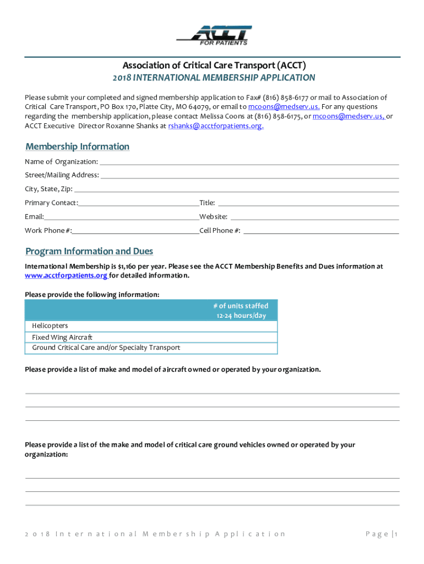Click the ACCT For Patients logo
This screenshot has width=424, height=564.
coord(214,35)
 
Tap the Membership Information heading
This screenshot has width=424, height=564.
coord(77,147)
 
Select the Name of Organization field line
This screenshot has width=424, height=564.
coord(249,164)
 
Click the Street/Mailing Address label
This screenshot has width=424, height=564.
coord(62,175)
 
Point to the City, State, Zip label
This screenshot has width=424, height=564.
coord(48,189)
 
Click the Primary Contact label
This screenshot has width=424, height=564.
coord(51,203)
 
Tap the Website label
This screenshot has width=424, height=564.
coord(213,217)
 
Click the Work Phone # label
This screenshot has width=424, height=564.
coord(48,231)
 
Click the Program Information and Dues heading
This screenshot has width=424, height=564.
coord(89,251)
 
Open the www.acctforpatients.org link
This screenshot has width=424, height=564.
coord(66,275)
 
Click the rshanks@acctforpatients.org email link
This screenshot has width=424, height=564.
coord(215,126)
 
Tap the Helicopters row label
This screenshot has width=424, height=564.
coord(50,326)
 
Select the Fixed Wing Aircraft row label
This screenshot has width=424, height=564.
coord(62,337)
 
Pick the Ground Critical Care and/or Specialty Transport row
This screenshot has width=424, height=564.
coord(106,348)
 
